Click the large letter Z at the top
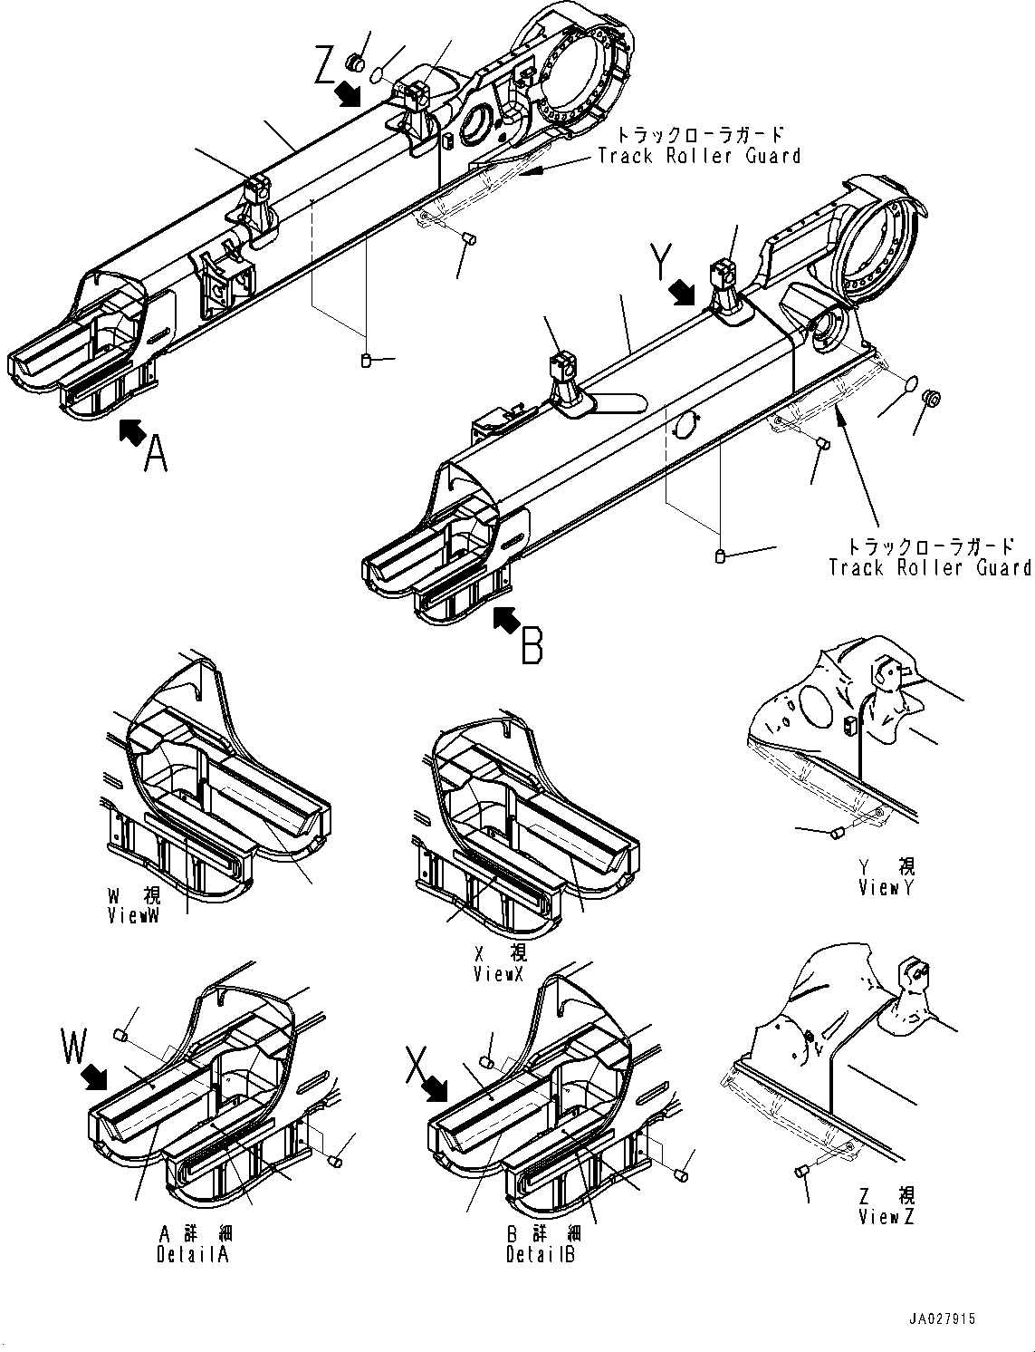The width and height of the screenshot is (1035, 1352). (x=325, y=66)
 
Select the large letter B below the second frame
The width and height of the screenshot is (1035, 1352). (x=533, y=647)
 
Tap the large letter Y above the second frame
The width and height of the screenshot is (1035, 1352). (x=663, y=264)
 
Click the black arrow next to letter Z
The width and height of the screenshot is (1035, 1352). (x=347, y=93)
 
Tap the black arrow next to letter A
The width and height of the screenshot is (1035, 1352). (x=132, y=432)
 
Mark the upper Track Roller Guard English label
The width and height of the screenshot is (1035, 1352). (x=699, y=156)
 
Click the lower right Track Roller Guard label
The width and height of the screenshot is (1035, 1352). (x=930, y=567)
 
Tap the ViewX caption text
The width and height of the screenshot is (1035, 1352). (x=499, y=974)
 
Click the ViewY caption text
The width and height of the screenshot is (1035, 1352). (x=886, y=888)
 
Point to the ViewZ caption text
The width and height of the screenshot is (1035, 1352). (x=886, y=1217)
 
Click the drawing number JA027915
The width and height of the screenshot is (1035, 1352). (x=944, y=1320)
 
